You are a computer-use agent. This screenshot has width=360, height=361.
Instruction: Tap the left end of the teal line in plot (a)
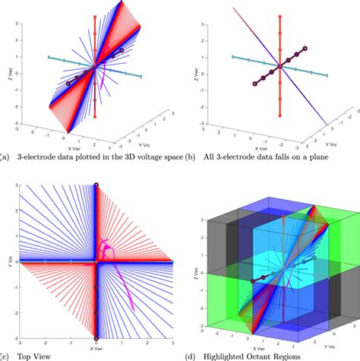(x=48, y=57)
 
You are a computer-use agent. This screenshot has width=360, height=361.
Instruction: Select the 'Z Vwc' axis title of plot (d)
(x=194, y=258)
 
